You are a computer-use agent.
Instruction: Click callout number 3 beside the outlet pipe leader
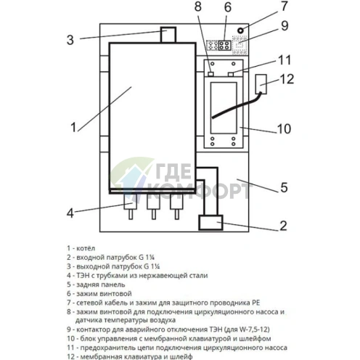click(x=70, y=40)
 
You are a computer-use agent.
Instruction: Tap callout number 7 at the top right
click(x=285, y=6)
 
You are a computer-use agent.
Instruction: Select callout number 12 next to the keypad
click(x=287, y=79)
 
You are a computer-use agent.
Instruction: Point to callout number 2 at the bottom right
click(x=283, y=226)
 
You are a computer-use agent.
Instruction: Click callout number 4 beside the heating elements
click(x=70, y=213)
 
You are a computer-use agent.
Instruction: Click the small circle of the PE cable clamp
click(x=240, y=30)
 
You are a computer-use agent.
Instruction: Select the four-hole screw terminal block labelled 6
click(x=224, y=45)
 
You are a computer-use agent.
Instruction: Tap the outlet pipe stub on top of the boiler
click(x=168, y=35)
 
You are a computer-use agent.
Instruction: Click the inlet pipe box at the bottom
click(x=210, y=223)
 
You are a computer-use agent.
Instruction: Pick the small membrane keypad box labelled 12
click(x=261, y=84)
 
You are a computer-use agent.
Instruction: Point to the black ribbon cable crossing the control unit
click(x=237, y=105)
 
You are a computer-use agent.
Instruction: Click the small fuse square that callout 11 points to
click(x=231, y=74)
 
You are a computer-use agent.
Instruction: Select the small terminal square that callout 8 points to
click(x=210, y=74)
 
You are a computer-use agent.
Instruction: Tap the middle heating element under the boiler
click(x=153, y=207)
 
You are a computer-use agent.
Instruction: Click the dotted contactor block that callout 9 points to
click(x=240, y=45)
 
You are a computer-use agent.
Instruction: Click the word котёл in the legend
click(x=86, y=248)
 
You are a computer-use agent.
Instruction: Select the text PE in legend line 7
click(x=255, y=303)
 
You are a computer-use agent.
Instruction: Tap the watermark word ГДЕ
click(x=173, y=171)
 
